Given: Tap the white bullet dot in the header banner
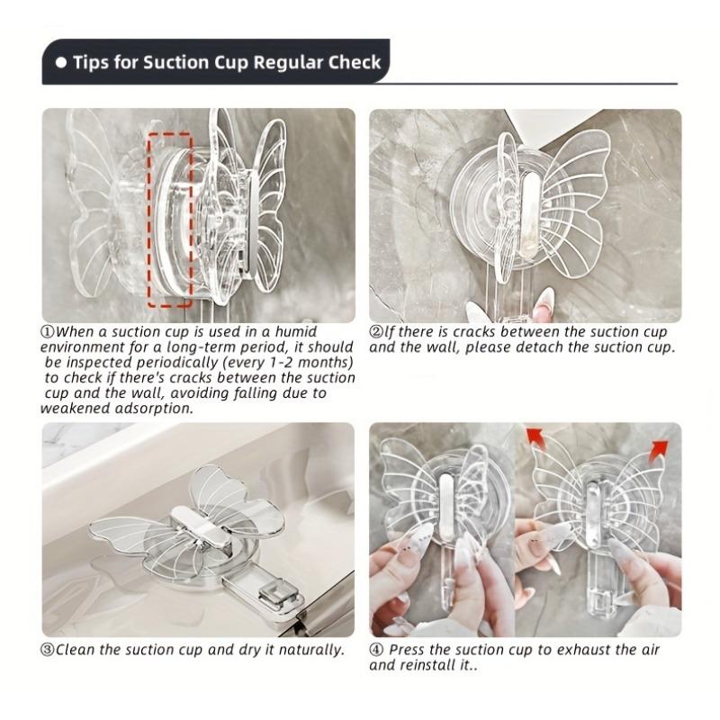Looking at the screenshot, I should (x=61, y=63).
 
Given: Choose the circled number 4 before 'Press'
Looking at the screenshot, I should (x=376, y=649).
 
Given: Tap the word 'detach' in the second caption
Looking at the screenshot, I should (x=546, y=347).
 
